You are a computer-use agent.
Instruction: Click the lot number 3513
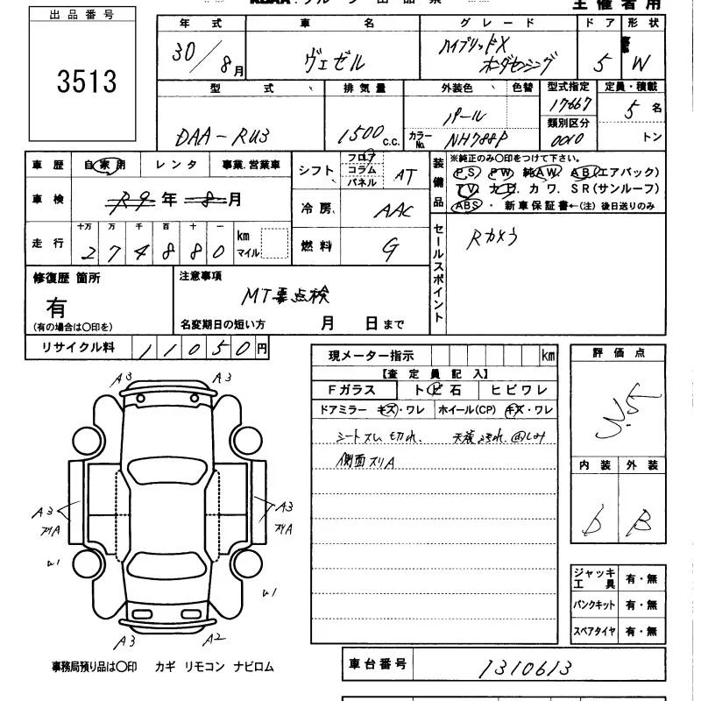(87, 81)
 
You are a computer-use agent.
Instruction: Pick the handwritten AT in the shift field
(405, 175)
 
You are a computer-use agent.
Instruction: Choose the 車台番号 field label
(377, 664)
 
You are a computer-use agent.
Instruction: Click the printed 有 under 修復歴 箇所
(56, 308)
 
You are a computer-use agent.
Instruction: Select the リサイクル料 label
(79, 348)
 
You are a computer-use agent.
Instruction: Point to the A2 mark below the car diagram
(217, 638)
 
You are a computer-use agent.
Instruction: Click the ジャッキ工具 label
(593, 578)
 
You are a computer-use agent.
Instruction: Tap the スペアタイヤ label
(593, 630)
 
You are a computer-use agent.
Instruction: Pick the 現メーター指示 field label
(372, 356)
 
